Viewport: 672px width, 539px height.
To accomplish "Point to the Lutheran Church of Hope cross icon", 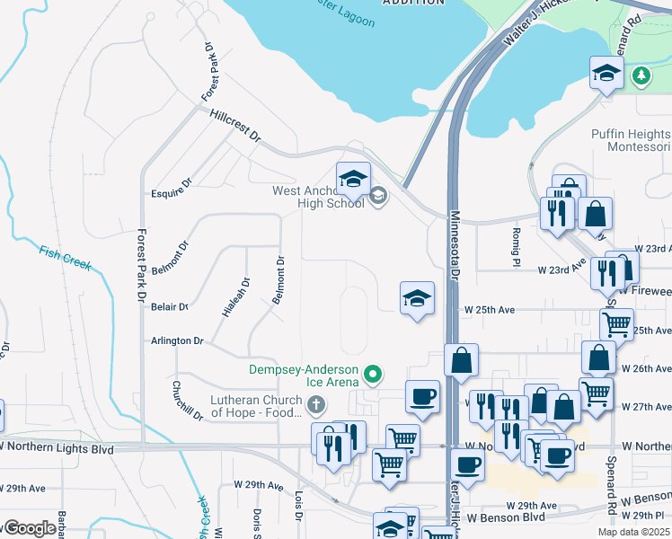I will (x=315, y=406).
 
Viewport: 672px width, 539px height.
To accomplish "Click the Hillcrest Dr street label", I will (x=234, y=127).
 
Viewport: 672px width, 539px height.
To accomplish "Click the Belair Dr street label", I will (x=170, y=306).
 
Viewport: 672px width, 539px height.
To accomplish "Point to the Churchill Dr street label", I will (x=188, y=401).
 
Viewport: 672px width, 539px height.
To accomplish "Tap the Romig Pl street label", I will (x=517, y=247).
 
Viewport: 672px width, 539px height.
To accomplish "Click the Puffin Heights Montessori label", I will (x=631, y=140).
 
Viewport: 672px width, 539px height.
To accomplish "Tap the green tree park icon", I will (x=641, y=76).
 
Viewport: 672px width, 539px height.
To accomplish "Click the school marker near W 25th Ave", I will (x=417, y=298).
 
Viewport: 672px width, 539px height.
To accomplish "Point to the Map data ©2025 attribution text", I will (x=633, y=532).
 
